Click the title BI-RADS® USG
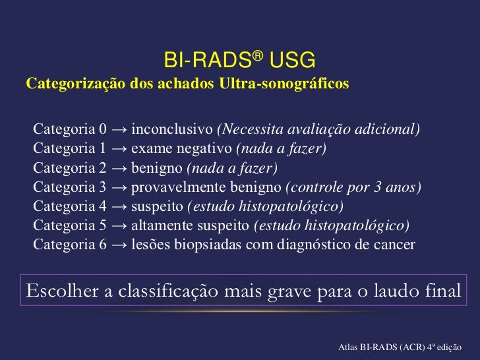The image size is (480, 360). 240,62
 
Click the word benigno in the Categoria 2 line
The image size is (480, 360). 158,167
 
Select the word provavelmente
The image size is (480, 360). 176,187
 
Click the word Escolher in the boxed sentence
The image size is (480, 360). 60,291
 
